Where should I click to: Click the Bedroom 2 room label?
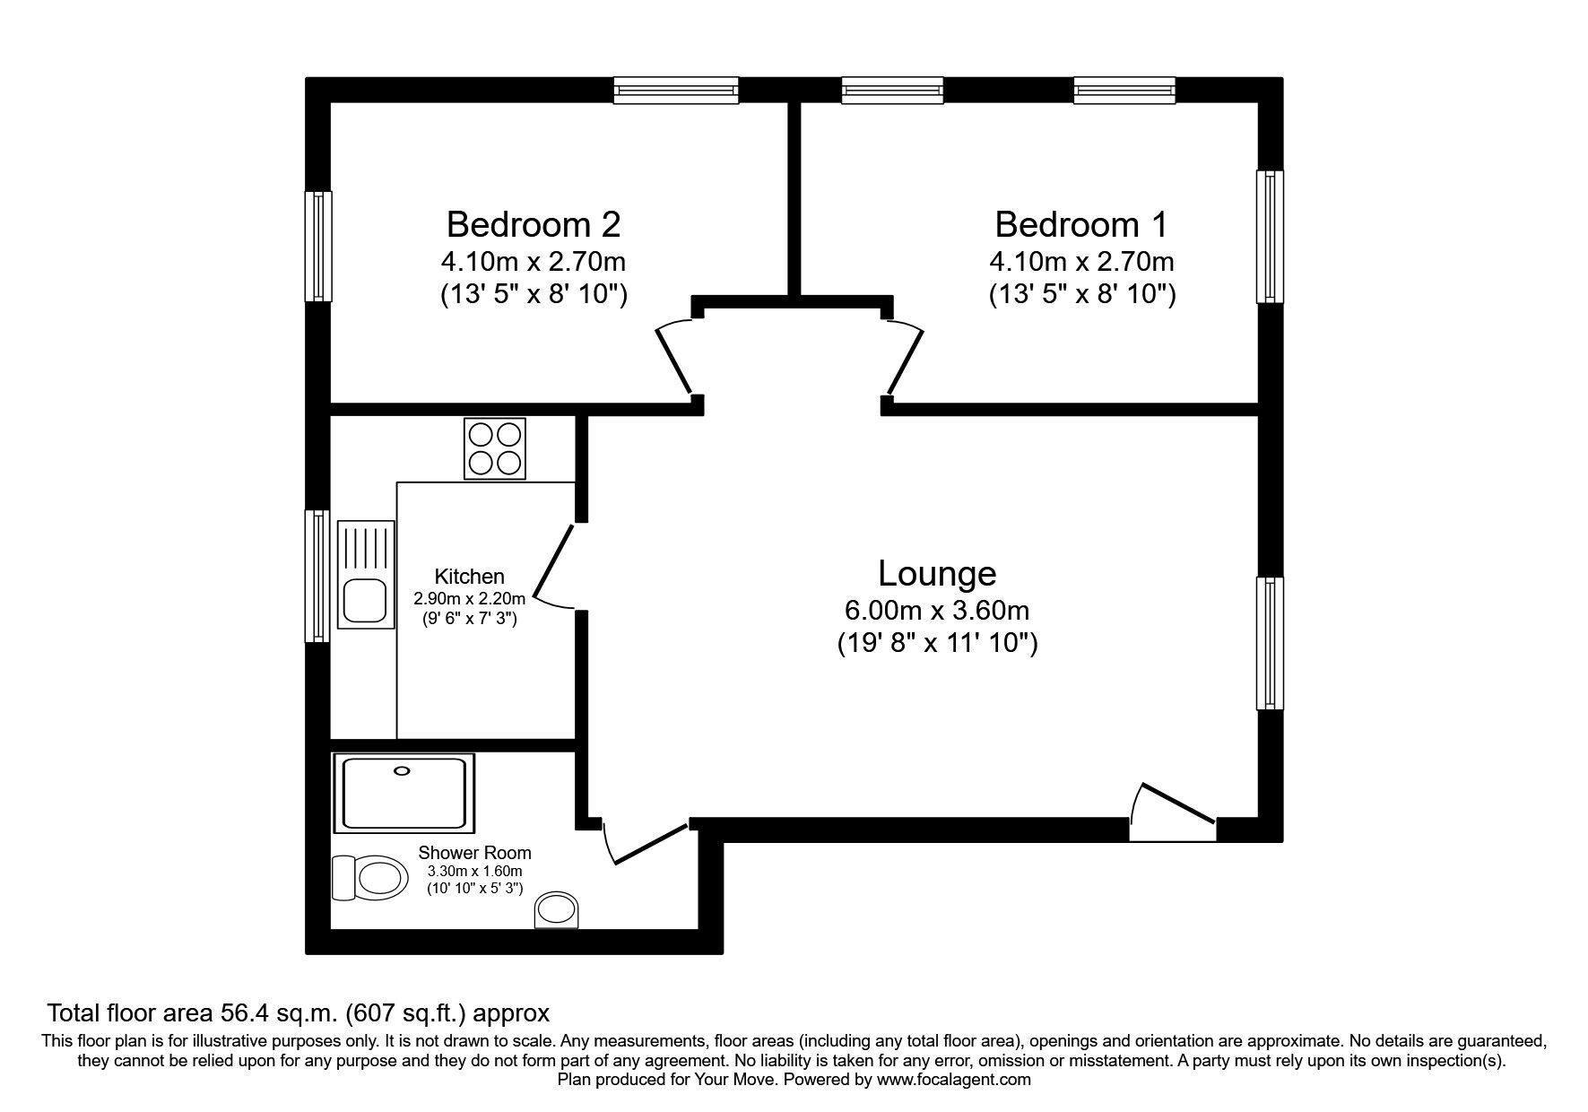point(533,224)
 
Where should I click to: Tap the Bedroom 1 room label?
point(1081,224)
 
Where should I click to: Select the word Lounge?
point(937,573)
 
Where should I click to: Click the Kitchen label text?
point(469,577)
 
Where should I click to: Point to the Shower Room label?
point(474,853)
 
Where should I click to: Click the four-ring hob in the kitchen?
point(495,448)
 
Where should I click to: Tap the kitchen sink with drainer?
point(365,573)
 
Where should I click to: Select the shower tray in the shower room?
point(404,793)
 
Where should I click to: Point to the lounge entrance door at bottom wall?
point(1173,812)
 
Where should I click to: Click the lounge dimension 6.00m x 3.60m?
point(937,611)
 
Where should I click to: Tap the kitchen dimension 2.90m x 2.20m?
point(469,598)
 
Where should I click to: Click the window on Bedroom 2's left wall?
point(318,246)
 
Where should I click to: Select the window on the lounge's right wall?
point(1270,642)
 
